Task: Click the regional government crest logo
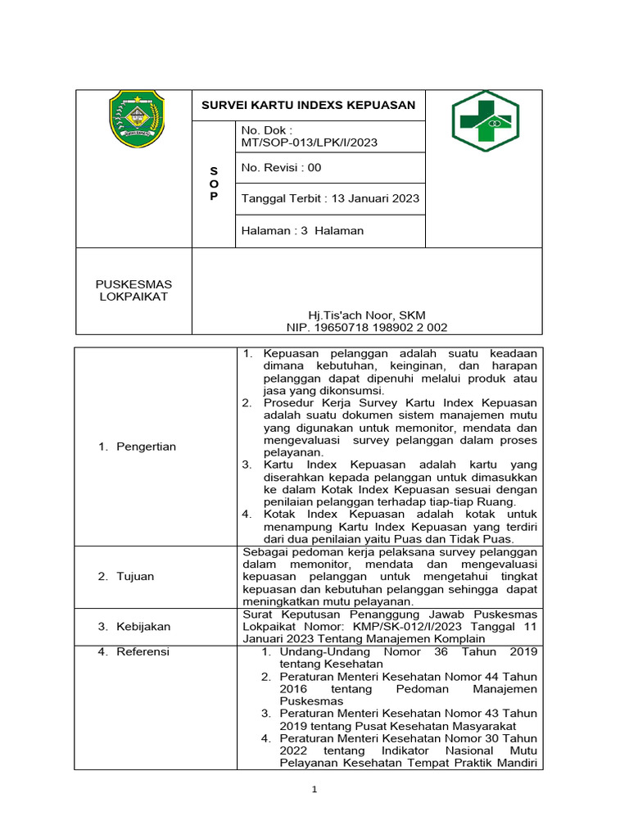pos(136,120)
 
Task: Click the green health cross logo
pos(485,121)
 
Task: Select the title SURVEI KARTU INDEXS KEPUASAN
pos(309,105)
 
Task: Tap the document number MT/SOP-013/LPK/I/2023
pos(309,143)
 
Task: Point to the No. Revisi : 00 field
pos(281,168)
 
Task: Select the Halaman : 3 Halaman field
pos(302,231)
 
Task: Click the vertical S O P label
pos(214,184)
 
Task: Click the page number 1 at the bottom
pos(314,790)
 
